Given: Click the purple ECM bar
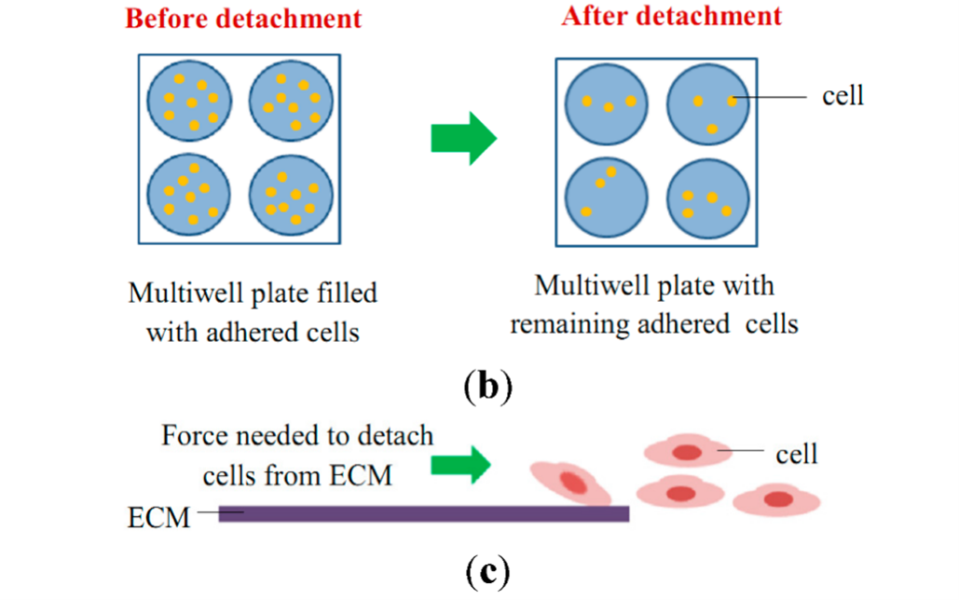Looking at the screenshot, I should tap(424, 513).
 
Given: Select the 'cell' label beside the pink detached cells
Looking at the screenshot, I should tap(796, 454).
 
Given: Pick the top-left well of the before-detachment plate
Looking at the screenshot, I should tap(190, 101).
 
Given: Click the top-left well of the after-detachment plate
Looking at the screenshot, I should tap(608, 102).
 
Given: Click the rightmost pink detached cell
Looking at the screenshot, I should tap(776, 499).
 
